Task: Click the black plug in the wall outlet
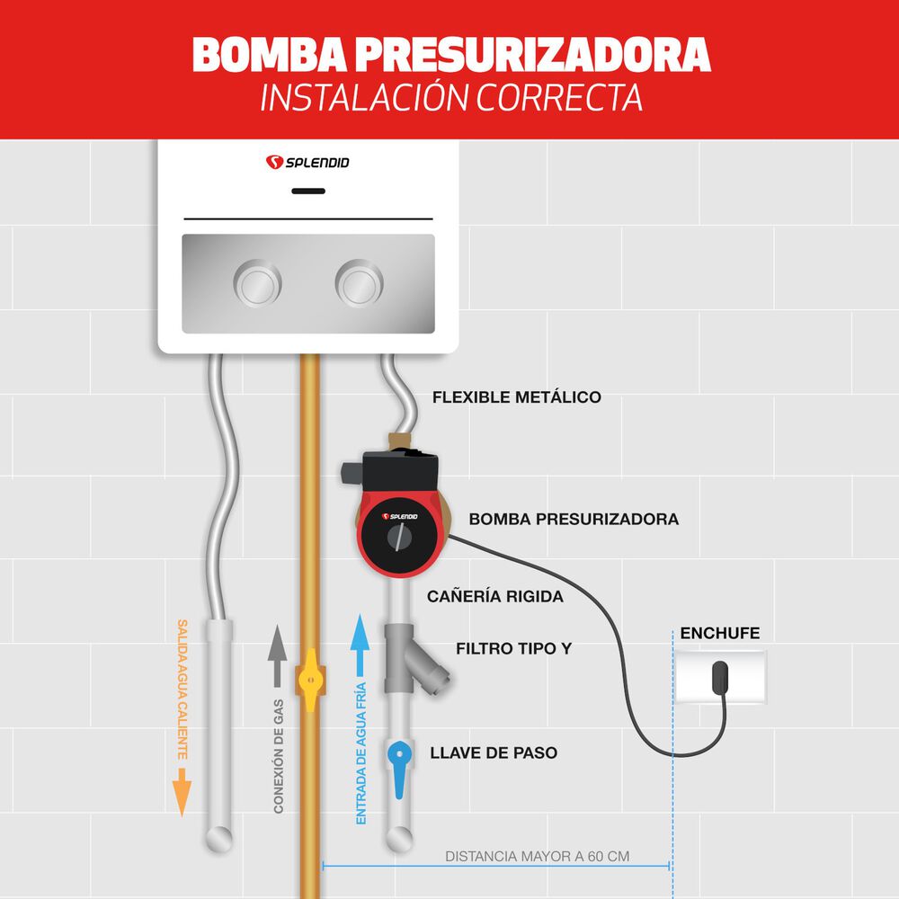pyautogui.click(x=720, y=677)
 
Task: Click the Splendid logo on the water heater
pyautogui.click(x=308, y=163)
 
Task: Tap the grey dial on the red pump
pyautogui.click(x=397, y=538)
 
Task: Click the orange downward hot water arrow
pyautogui.click(x=182, y=790)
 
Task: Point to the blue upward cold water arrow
pyautogui.click(x=360, y=644)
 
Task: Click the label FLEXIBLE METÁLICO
pyautogui.click(x=516, y=397)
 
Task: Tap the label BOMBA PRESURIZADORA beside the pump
pyautogui.click(x=574, y=520)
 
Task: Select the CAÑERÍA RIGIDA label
pyautogui.click(x=494, y=596)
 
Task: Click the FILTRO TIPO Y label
pyautogui.click(x=513, y=647)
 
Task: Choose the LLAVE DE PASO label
pyautogui.click(x=494, y=752)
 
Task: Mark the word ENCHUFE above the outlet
pyautogui.click(x=719, y=633)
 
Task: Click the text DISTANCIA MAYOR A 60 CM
pyautogui.click(x=537, y=856)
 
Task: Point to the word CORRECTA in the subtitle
pyautogui.click(x=559, y=97)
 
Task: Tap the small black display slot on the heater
pyautogui.click(x=308, y=191)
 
